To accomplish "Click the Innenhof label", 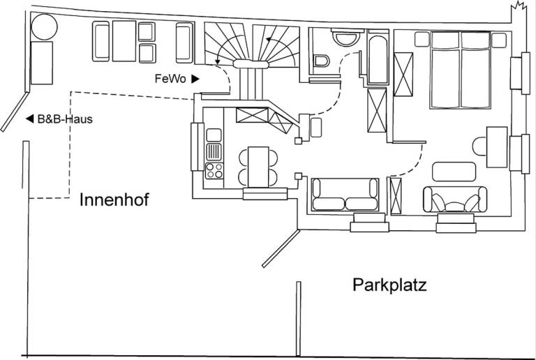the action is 114,200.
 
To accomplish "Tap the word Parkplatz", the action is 389,285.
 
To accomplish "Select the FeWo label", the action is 170,79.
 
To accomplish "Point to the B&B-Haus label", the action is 65,119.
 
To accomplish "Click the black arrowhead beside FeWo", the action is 195,79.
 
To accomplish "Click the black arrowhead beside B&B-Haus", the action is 30,119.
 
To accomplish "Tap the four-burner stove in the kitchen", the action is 214,170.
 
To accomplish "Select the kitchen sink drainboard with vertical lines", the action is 214,152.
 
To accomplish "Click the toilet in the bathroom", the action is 321,61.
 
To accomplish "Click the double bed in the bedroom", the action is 460,70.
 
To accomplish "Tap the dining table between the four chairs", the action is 258,167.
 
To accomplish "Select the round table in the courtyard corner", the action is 45,27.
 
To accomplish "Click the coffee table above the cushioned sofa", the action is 454,172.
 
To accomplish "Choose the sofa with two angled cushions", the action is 455,200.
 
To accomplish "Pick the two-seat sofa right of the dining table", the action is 345,195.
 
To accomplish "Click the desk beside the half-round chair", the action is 497,147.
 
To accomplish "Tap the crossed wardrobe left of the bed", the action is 403,75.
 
